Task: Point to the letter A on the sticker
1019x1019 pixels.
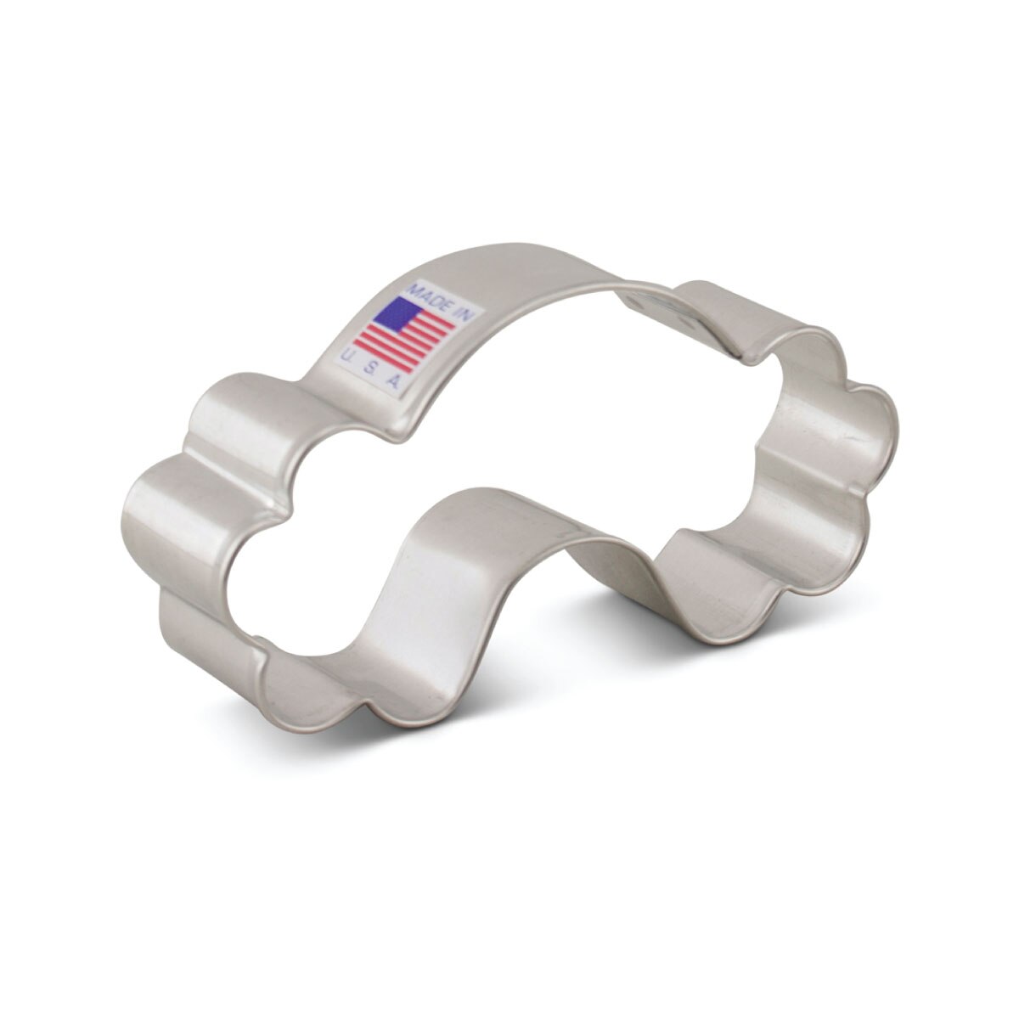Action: (x=393, y=382)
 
